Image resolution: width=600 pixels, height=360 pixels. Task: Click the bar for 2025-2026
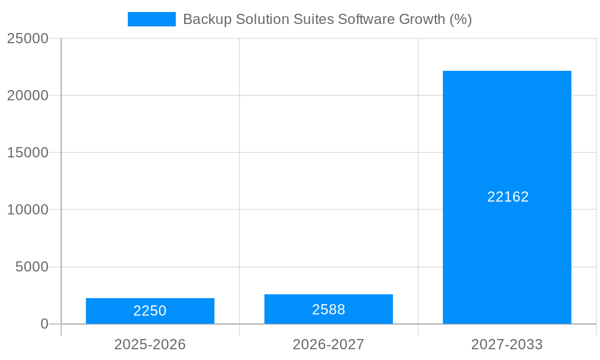click(150, 311)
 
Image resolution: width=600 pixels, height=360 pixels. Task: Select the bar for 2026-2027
click(328, 309)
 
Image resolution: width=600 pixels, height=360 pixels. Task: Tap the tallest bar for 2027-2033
click(507, 150)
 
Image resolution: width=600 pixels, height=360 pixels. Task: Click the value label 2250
click(150, 311)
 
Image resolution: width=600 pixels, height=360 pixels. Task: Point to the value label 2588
click(328, 310)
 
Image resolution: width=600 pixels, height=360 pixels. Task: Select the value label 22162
click(508, 197)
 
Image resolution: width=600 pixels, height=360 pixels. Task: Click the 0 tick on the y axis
click(44, 324)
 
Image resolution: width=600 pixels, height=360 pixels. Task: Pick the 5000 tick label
click(32, 267)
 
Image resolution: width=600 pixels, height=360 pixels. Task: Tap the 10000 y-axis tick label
click(28, 209)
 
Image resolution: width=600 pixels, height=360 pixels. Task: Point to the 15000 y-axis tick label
click(28, 152)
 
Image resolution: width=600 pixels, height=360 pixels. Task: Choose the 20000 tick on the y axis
click(28, 95)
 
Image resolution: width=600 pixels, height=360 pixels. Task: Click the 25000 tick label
click(28, 38)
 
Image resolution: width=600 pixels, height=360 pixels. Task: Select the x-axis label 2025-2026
click(150, 344)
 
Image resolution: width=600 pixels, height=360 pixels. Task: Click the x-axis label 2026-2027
click(328, 344)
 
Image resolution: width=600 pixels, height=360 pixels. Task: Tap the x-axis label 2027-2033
click(507, 344)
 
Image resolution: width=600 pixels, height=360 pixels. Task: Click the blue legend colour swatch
click(152, 19)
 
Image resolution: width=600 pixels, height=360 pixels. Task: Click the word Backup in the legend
click(204, 19)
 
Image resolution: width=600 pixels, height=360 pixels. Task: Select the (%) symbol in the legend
click(461, 19)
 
